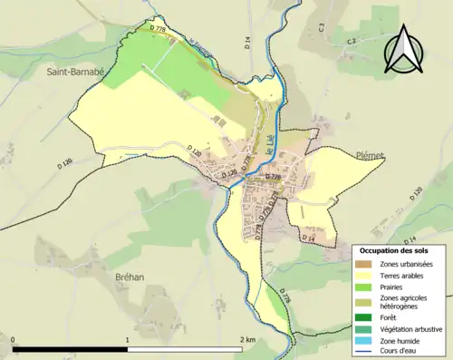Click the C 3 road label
click(321, 29)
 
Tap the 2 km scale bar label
click(247, 339)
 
